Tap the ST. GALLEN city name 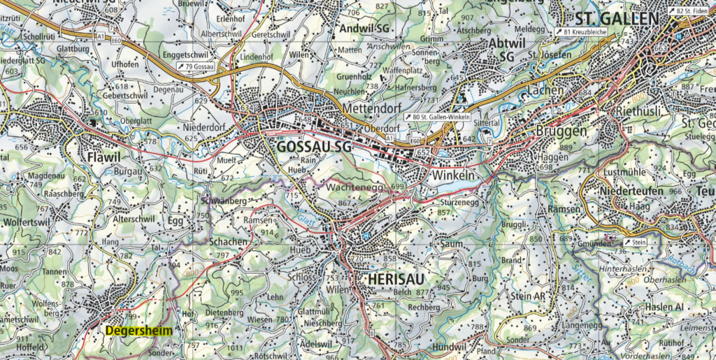point(615,18)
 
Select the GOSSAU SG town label point(313,147)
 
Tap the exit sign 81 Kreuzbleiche point(582,32)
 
